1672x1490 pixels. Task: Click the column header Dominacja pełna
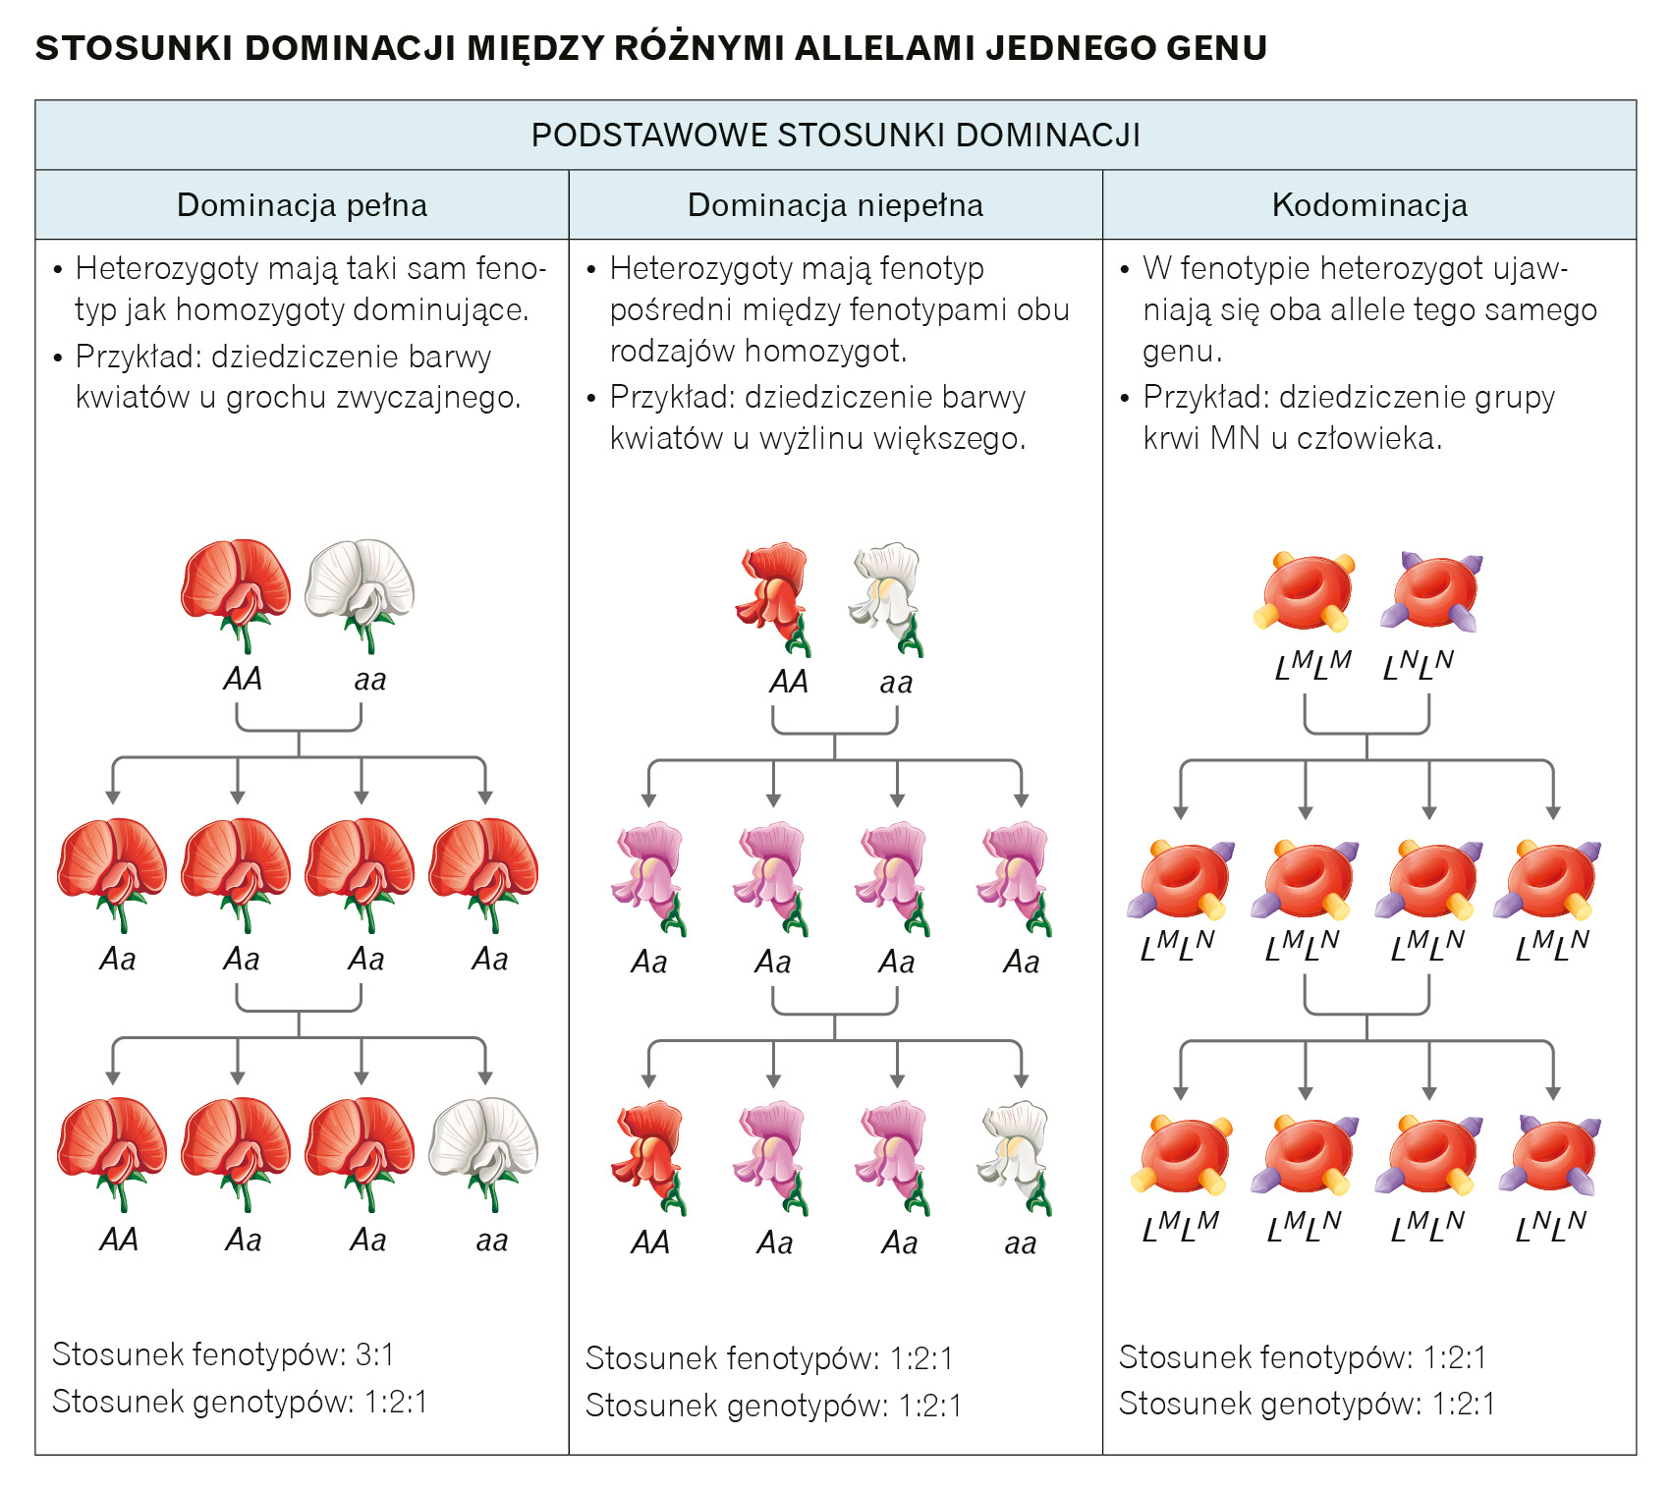click(x=302, y=205)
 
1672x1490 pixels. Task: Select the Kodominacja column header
click(x=1368, y=205)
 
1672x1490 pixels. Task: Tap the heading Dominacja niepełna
click(x=835, y=205)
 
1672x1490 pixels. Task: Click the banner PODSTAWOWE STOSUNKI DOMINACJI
click(x=835, y=135)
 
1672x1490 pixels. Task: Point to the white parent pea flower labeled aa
click(x=361, y=589)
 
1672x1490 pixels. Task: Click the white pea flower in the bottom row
click(x=484, y=1149)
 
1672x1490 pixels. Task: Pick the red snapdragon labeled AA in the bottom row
click(x=649, y=1155)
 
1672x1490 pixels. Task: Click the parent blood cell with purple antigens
click(x=1431, y=591)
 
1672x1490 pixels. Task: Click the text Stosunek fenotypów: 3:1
click(x=223, y=1354)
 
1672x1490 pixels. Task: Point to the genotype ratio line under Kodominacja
click(x=1307, y=1404)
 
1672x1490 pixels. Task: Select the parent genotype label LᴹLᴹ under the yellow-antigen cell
click(x=1312, y=666)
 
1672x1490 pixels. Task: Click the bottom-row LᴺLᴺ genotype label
click(x=1551, y=1226)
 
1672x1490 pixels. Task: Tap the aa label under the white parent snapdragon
click(x=896, y=682)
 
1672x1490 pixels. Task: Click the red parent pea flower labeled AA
click(x=236, y=589)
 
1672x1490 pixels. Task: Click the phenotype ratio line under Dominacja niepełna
click(x=769, y=1358)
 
